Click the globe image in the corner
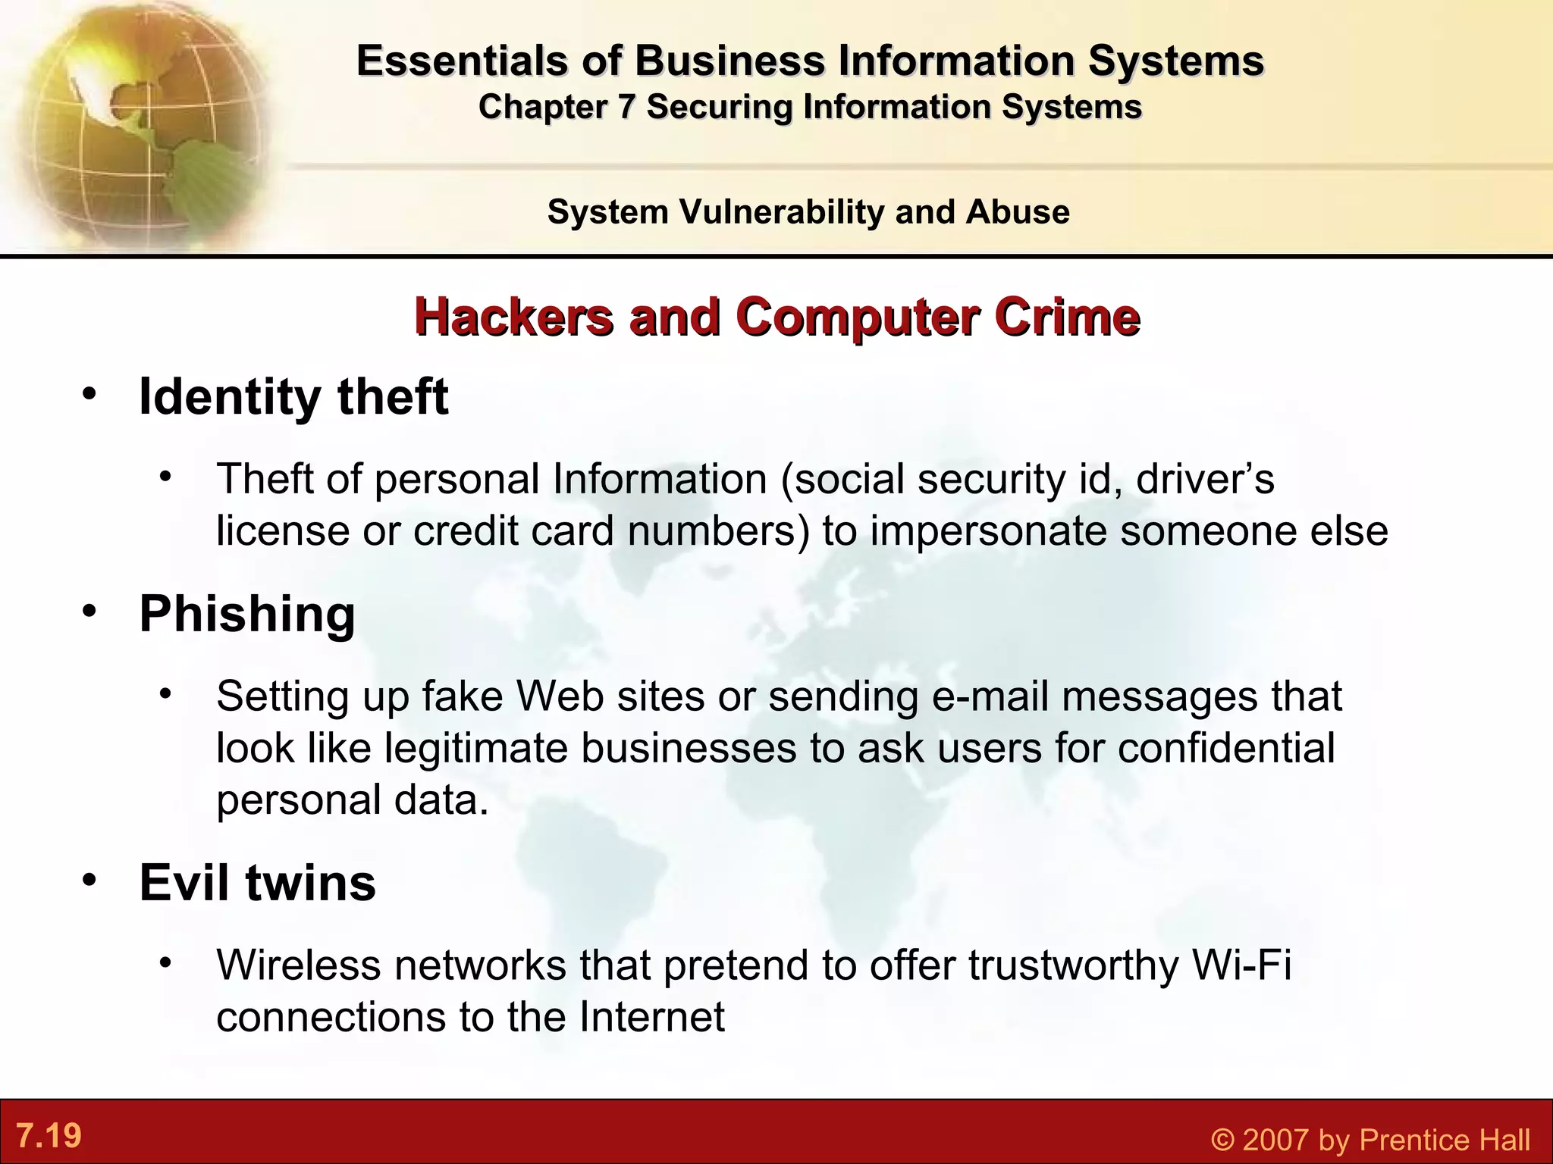coord(136,121)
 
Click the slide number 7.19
coord(49,1136)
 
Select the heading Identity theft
coord(293,397)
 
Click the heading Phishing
coord(247,614)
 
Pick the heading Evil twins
coord(257,883)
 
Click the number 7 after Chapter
coord(626,107)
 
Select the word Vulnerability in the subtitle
coord(782,212)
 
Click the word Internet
coord(652,1017)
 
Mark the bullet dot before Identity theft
coord(90,395)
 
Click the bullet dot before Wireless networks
coord(166,962)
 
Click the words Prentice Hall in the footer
coord(1445,1140)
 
